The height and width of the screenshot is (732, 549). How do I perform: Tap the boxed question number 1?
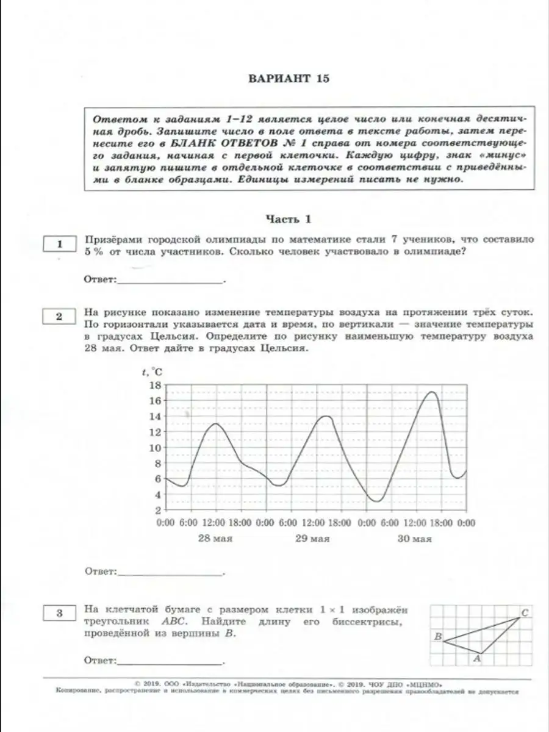[x=59, y=245]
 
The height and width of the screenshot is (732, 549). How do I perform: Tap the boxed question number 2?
[x=59, y=316]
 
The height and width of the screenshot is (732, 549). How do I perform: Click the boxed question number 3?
[x=59, y=614]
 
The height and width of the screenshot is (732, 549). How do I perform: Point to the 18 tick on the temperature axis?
[x=154, y=385]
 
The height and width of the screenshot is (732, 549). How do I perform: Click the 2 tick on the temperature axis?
[x=157, y=510]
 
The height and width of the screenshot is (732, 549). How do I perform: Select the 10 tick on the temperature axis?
[x=154, y=447]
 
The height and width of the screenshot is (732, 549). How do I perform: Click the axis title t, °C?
[x=151, y=371]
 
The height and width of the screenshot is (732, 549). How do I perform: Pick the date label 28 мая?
[x=215, y=539]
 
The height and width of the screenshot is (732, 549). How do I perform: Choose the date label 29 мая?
[x=313, y=539]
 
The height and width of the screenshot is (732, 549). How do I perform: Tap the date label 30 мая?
[x=414, y=539]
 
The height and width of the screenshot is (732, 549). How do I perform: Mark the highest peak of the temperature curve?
[x=432, y=392]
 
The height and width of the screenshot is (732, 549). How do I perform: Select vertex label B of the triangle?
[x=437, y=637]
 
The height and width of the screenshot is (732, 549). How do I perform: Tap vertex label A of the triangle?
[x=478, y=659]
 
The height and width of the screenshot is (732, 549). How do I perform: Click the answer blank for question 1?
[x=170, y=280]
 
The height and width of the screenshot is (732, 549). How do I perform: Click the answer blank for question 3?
[x=170, y=661]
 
